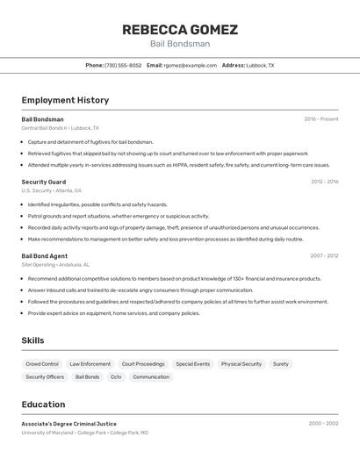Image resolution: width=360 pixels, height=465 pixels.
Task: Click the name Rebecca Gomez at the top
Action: click(x=179, y=29)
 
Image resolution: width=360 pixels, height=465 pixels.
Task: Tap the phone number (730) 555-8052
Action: click(x=123, y=65)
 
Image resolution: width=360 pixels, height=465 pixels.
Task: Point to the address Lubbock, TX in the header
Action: click(x=260, y=65)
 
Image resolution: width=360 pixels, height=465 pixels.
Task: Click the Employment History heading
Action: click(x=65, y=100)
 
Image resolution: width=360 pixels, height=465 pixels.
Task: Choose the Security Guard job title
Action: click(x=43, y=182)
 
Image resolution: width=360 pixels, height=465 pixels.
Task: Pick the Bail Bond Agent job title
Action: click(x=44, y=256)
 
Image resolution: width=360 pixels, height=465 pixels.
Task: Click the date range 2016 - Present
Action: click(x=320, y=119)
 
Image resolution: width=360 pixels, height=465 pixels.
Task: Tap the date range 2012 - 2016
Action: click(x=324, y=182)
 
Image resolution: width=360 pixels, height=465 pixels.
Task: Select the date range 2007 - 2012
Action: click(x=324, y=256)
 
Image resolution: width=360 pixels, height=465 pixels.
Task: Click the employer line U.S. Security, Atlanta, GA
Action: click(x=51, y=190)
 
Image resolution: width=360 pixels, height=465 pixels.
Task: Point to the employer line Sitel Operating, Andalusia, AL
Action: click(x=55, y=264)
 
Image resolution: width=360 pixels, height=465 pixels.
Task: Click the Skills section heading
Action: click(x=32, y=340)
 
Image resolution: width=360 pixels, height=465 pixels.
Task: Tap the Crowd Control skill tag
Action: click(x=42, y=363)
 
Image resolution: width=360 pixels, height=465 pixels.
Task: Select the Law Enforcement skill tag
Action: click(x=90, y=363)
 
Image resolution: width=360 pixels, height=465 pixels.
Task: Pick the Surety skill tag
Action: click(x=281, y=363)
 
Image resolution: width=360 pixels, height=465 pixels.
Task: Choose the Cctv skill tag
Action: click(x=116, y=377)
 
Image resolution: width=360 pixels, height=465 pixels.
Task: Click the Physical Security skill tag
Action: click(x=241, y=363)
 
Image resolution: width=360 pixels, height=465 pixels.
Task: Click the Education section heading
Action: click(x=43, y=404)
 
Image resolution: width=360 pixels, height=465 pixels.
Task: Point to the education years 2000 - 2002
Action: click(x=323, y=424)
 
